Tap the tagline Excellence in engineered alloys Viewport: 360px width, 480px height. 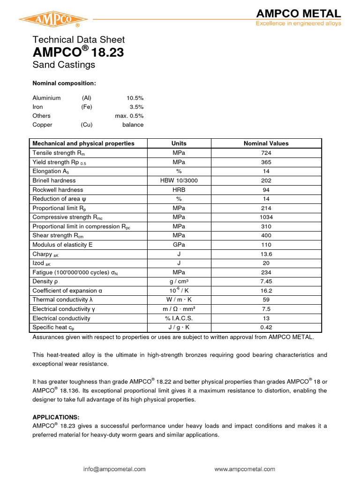click(298, 23)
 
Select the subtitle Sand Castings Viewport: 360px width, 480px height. click(63, 65)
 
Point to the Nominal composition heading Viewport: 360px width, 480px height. click(64, 83)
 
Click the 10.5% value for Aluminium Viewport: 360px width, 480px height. click(135, 98)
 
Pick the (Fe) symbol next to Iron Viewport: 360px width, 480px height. click(86, 107)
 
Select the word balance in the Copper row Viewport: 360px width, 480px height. click(133, 125)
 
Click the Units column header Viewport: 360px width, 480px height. click(179, 143)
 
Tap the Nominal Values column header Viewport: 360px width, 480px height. click(266, 143)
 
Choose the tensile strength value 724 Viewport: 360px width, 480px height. click(266, 153)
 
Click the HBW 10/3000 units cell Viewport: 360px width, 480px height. click(179, 180)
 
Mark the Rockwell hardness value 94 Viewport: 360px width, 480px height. click(266, 190)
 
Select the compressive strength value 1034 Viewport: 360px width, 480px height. click(266, 217)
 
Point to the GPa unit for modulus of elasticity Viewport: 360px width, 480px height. click(179, 245)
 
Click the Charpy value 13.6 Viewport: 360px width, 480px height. click(266, 254)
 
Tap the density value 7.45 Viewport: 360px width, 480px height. click(266, 282)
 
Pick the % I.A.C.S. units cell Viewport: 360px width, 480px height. click(179, 318)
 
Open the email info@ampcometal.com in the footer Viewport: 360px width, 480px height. click(114, 469)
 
